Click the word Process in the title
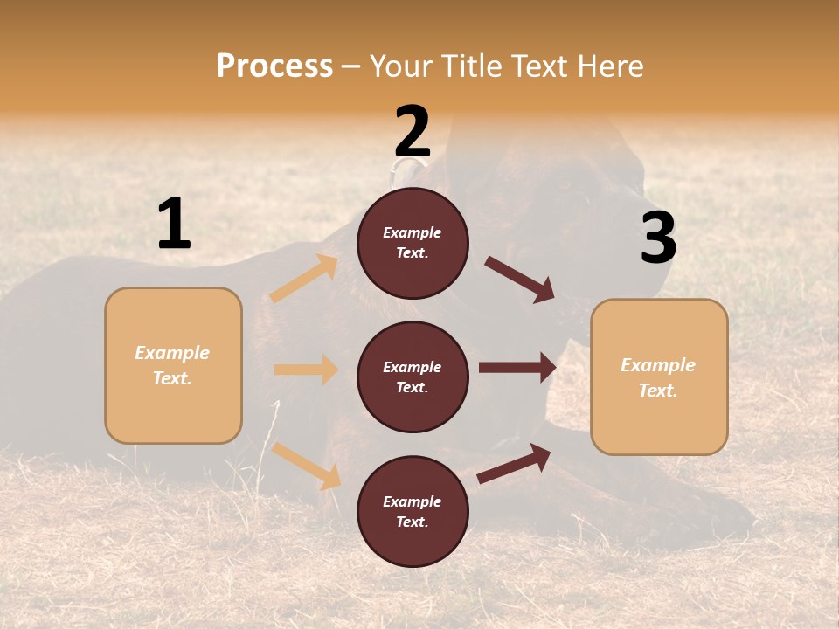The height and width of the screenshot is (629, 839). [x=274, y=66]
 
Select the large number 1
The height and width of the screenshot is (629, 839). [x=174, y=225]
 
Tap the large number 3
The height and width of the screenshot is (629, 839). [x=658, y=238]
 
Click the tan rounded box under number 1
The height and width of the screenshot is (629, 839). [x=173, y=365]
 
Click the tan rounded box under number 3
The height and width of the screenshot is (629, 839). [x=659, y=377]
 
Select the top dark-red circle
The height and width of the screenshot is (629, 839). [x=413, y=243]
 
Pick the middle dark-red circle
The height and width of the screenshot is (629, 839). [x=413, y=377]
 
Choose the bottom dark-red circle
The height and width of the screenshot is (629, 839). [x=413, y=511]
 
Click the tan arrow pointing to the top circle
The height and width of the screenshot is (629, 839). [x=304, y=279]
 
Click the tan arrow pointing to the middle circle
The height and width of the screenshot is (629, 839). [x=306, y=370]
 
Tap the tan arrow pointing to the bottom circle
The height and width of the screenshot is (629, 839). [x=307, y=466]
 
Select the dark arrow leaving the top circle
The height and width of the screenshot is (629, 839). [x=520, y=280]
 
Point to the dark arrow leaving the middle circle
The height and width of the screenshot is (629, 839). [x=517, y=368]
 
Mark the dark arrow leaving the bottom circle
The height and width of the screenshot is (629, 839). [x=515, y=463]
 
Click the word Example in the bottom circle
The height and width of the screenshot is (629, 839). [x=412, y=501]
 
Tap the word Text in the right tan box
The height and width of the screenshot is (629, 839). [x=657, y=391]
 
